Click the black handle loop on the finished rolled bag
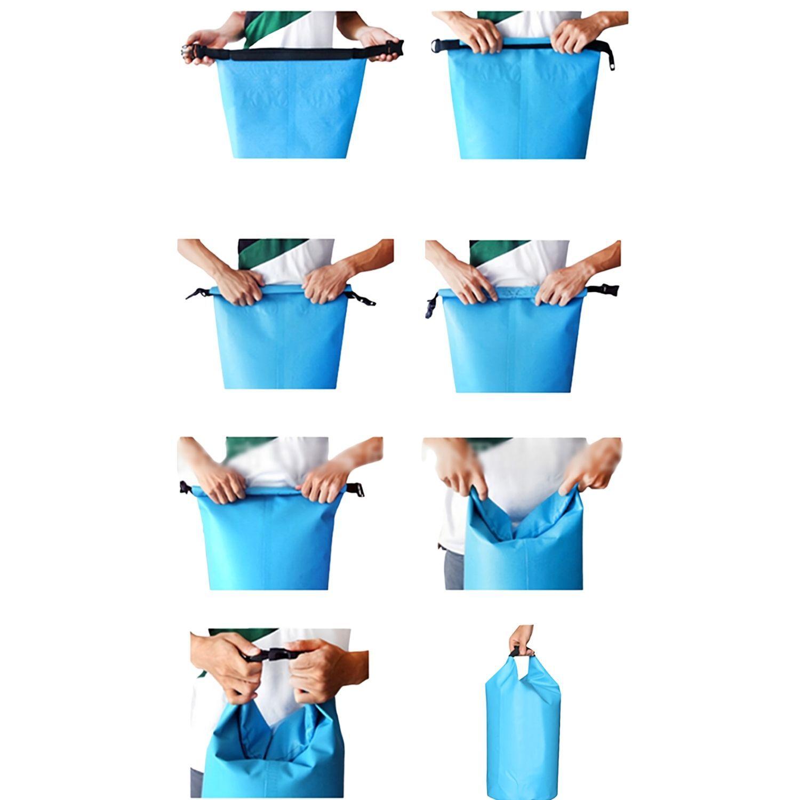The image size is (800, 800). [515, 652]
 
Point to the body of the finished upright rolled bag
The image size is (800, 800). [523, 736]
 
